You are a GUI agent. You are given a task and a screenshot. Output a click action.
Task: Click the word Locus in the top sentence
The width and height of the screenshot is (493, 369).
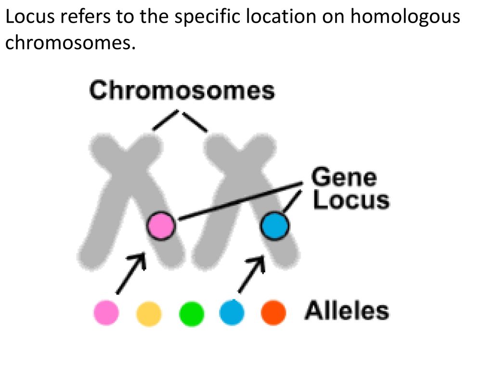coord(30,17)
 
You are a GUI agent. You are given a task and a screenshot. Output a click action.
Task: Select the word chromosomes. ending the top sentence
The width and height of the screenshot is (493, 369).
coord(70,42)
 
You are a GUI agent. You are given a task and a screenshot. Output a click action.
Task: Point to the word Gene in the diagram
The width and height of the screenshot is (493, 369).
coord(344,177)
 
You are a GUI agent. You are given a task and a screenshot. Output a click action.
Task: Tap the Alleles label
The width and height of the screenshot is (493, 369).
coord(347,310)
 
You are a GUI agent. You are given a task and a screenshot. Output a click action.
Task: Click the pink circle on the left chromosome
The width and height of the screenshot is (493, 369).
coord(161,225)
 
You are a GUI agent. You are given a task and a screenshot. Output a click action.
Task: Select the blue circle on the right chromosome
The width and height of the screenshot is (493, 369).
coord(274,226)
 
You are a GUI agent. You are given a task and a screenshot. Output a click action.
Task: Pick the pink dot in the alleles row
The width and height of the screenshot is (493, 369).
coord(106,312)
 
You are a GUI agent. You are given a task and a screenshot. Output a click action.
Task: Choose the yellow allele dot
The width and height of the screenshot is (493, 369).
coord(149,313)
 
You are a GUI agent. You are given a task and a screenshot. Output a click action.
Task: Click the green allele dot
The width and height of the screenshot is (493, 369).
coord(191,313)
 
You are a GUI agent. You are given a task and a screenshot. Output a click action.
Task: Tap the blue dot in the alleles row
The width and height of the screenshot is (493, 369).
coord(232,312)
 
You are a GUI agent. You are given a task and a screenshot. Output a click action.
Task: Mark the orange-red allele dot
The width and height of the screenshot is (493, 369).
coord(273,312)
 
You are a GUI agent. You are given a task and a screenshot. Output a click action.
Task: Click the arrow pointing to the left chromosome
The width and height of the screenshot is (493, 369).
coord(131,273)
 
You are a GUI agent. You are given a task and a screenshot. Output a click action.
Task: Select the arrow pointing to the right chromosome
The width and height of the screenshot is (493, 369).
coord(251,273)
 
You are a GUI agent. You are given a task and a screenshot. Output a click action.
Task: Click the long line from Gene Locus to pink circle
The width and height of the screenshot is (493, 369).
coord(241,201)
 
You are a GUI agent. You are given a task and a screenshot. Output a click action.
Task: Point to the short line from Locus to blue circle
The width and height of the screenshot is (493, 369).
coord(292,201)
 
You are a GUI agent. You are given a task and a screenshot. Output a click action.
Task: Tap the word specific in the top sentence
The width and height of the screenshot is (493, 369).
coord(207,18)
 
